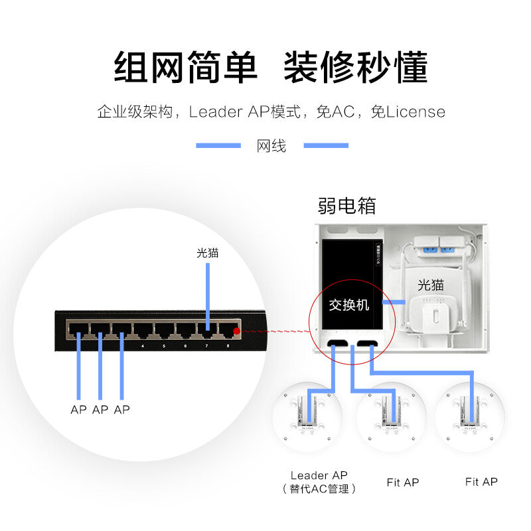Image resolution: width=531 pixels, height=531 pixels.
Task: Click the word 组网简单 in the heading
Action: pyautogui.click(x=186, y=68)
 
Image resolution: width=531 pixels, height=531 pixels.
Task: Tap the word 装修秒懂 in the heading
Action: pyautogui.click(x=356, y=68)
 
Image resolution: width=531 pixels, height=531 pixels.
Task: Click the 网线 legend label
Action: pyautogui.click(x=271, y=146)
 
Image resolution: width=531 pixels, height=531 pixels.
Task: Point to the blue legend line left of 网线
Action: pyautogui.click(x=218, y=145)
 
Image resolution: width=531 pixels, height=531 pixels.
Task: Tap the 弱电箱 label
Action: pyautogui.click(x=346, y=205)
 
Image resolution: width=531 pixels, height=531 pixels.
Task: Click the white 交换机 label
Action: pyautogui.click(x=349, y=305)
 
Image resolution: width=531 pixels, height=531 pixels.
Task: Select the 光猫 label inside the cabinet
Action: pyautogui.click(x=430, y=285)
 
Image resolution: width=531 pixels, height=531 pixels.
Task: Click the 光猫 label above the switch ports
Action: pyautogui.click(x=207, y=253)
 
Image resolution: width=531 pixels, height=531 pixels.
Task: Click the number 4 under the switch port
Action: pyautogui.click(x=143, y=345)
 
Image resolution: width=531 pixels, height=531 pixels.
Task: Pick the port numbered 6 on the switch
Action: pyautogui.click(x=185, y=329)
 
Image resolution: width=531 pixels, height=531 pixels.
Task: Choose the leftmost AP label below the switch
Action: pyautogui.click(x=78, y=410)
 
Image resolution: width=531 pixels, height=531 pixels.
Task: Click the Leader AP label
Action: pyautogui.click(x=319, y=475)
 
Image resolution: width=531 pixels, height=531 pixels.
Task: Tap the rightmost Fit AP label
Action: pyautogui.click(x=481, y=482)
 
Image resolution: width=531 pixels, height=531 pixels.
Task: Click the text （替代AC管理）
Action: pyautogui.click(x=319, y=489)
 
